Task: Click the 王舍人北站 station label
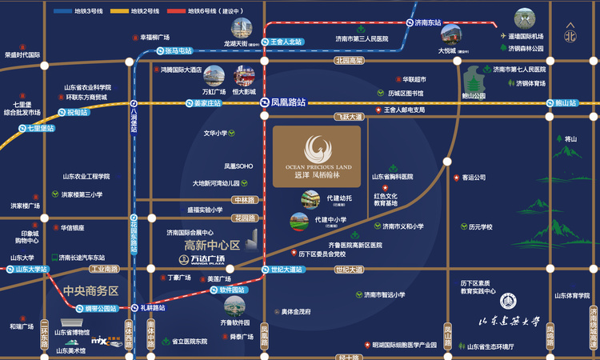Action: [286, 41]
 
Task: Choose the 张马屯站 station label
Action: [179, 51]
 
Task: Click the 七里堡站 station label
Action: [41, 128]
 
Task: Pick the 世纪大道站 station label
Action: [286, 270]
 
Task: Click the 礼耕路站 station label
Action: [153, 307]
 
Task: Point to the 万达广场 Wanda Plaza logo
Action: [197, 260]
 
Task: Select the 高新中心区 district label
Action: [212, 245]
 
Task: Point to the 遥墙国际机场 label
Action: [526, 37]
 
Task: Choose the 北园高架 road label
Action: [349, 60]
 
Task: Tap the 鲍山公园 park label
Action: [474, 95]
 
